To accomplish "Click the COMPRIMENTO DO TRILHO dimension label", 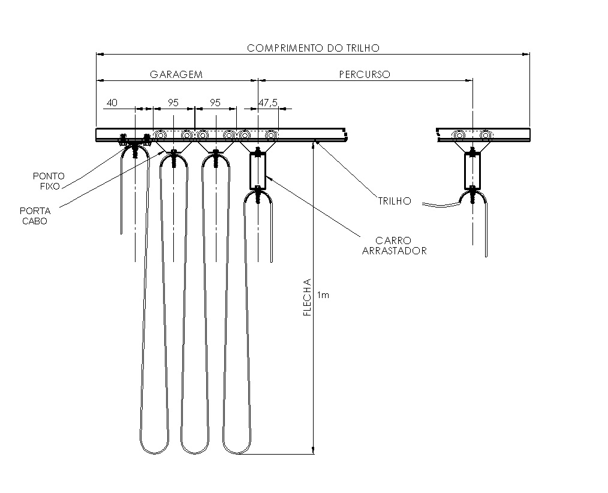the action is (x=314, y=48).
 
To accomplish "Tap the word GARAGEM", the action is (x=176, y=74).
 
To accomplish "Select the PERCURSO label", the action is (x=365, y=74).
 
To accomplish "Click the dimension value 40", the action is (x=112, y=103).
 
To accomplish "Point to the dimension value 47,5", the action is (x=268, y=103).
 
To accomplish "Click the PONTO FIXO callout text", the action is (x=49, y=181).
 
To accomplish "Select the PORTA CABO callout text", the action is (x=35, y=216).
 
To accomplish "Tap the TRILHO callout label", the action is (x=395, y=201).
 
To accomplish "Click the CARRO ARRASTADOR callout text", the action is (x=395, y=245).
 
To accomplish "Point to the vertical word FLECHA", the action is (x=308, y=297).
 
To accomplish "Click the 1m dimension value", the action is (x=323, y=295).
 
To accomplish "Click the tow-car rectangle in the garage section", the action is (x=258, y=171).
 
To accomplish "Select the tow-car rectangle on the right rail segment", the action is (x=472, y=171).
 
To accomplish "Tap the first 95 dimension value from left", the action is (x=173, y=103).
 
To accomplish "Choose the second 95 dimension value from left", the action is (x=215, y=103).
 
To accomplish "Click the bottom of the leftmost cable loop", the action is (x=154, y=453).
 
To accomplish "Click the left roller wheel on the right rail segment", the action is (x=459, y=135).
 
